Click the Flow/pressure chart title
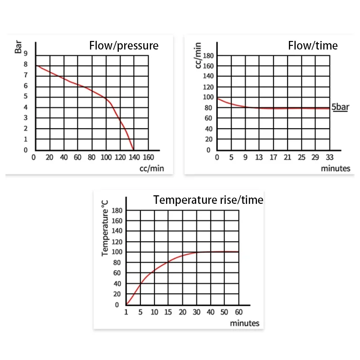tap(124, 45)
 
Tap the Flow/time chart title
tap(313, 45)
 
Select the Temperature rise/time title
tap(208, 200)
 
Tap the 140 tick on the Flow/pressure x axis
tap(134, 157)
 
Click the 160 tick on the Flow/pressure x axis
tap(148, 157)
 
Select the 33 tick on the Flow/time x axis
tap(330, 157)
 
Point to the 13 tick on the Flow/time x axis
tap(259, 157)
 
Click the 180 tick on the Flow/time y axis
tap(207, 56)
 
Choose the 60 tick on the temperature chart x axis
tap(238, 312)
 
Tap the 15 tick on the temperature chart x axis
tap(168, 312)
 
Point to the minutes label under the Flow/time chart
tap(335, 168)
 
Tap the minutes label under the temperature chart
tap(245, 323)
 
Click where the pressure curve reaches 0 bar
tap(133, 149)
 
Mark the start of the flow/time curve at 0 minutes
tap(217, 98)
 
